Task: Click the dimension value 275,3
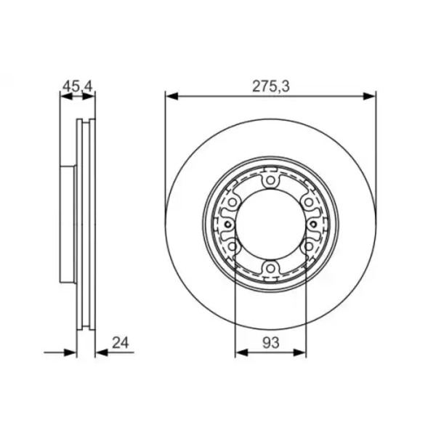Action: pos(271,86)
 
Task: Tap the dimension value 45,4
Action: pos(77,86)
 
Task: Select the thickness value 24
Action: pos(121,343)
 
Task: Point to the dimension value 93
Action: pos(270,343)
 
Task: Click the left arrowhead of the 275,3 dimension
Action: pos(171,97)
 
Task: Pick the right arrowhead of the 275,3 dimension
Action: pos(370,97)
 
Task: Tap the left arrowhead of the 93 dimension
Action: pos(241,352)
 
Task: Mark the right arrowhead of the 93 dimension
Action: pos(299,352)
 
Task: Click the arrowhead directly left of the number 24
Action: pos(102,352)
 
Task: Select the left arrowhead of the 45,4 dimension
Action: pos(66,97)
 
